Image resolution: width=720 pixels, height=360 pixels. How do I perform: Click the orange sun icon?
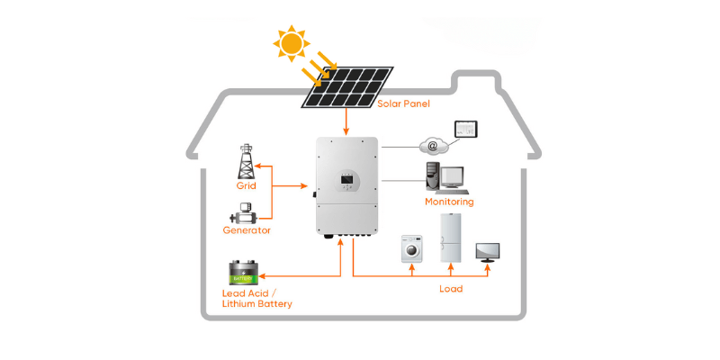click(292, 42)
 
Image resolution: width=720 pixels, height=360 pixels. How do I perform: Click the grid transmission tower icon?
click(246, 161)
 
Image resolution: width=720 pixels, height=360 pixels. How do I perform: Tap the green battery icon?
click(244, 273)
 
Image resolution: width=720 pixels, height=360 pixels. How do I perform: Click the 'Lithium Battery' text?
click(256, 305)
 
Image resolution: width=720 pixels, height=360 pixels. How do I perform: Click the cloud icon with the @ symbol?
click(433, 145)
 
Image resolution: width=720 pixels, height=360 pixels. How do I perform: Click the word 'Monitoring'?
click(449, 202)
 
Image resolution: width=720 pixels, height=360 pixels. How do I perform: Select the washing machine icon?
click(413, 248)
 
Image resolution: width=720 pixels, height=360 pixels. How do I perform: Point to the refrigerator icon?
click(451, 238)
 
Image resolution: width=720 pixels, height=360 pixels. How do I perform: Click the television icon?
click(488, 251)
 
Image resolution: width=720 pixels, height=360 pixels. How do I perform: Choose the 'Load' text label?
click(451, 289)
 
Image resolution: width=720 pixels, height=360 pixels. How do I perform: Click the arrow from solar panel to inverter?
click(346, 121)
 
